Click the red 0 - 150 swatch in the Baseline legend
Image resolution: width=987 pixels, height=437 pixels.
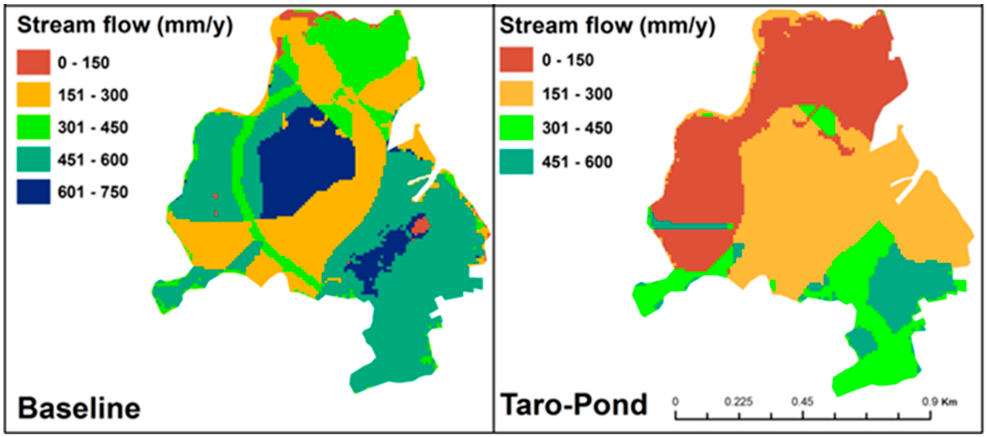coord(33,62)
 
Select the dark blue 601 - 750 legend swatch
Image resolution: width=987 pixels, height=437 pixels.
coord(33,191)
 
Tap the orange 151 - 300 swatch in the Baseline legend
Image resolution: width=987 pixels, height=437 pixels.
coord(33,95)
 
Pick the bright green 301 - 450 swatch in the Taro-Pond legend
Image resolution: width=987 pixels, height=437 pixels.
coord(516,127)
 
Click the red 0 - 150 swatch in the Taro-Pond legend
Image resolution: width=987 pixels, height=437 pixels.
coord(516,60)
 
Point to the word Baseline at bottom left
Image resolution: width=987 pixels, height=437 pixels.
coord(79,408)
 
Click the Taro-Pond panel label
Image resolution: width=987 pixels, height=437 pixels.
coord(574,404)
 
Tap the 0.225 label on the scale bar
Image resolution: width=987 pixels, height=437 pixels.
coord(738,402)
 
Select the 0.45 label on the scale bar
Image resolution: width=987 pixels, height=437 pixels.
coord(803,402)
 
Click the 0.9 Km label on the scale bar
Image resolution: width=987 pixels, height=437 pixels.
coord(939,402)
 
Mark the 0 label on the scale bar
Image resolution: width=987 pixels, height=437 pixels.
coord(675,402)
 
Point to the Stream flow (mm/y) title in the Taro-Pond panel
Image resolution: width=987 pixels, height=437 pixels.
coord(607,26)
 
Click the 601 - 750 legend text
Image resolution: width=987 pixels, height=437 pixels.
coord(93,192)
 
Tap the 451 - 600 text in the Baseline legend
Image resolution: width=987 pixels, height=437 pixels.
coord(93,160)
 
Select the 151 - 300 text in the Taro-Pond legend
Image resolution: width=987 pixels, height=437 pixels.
coord(577,94)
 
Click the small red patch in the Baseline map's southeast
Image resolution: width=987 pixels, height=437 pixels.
coord(421,226)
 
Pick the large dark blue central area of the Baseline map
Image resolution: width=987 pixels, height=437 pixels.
coord(306,164)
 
